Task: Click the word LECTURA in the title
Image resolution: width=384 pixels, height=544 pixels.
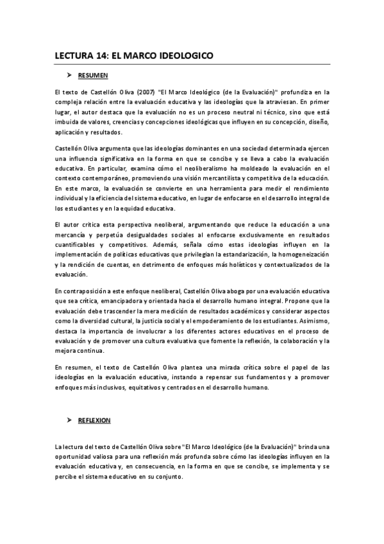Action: pos(75,56)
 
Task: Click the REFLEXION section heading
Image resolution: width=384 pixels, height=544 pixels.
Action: pos(94,420)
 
